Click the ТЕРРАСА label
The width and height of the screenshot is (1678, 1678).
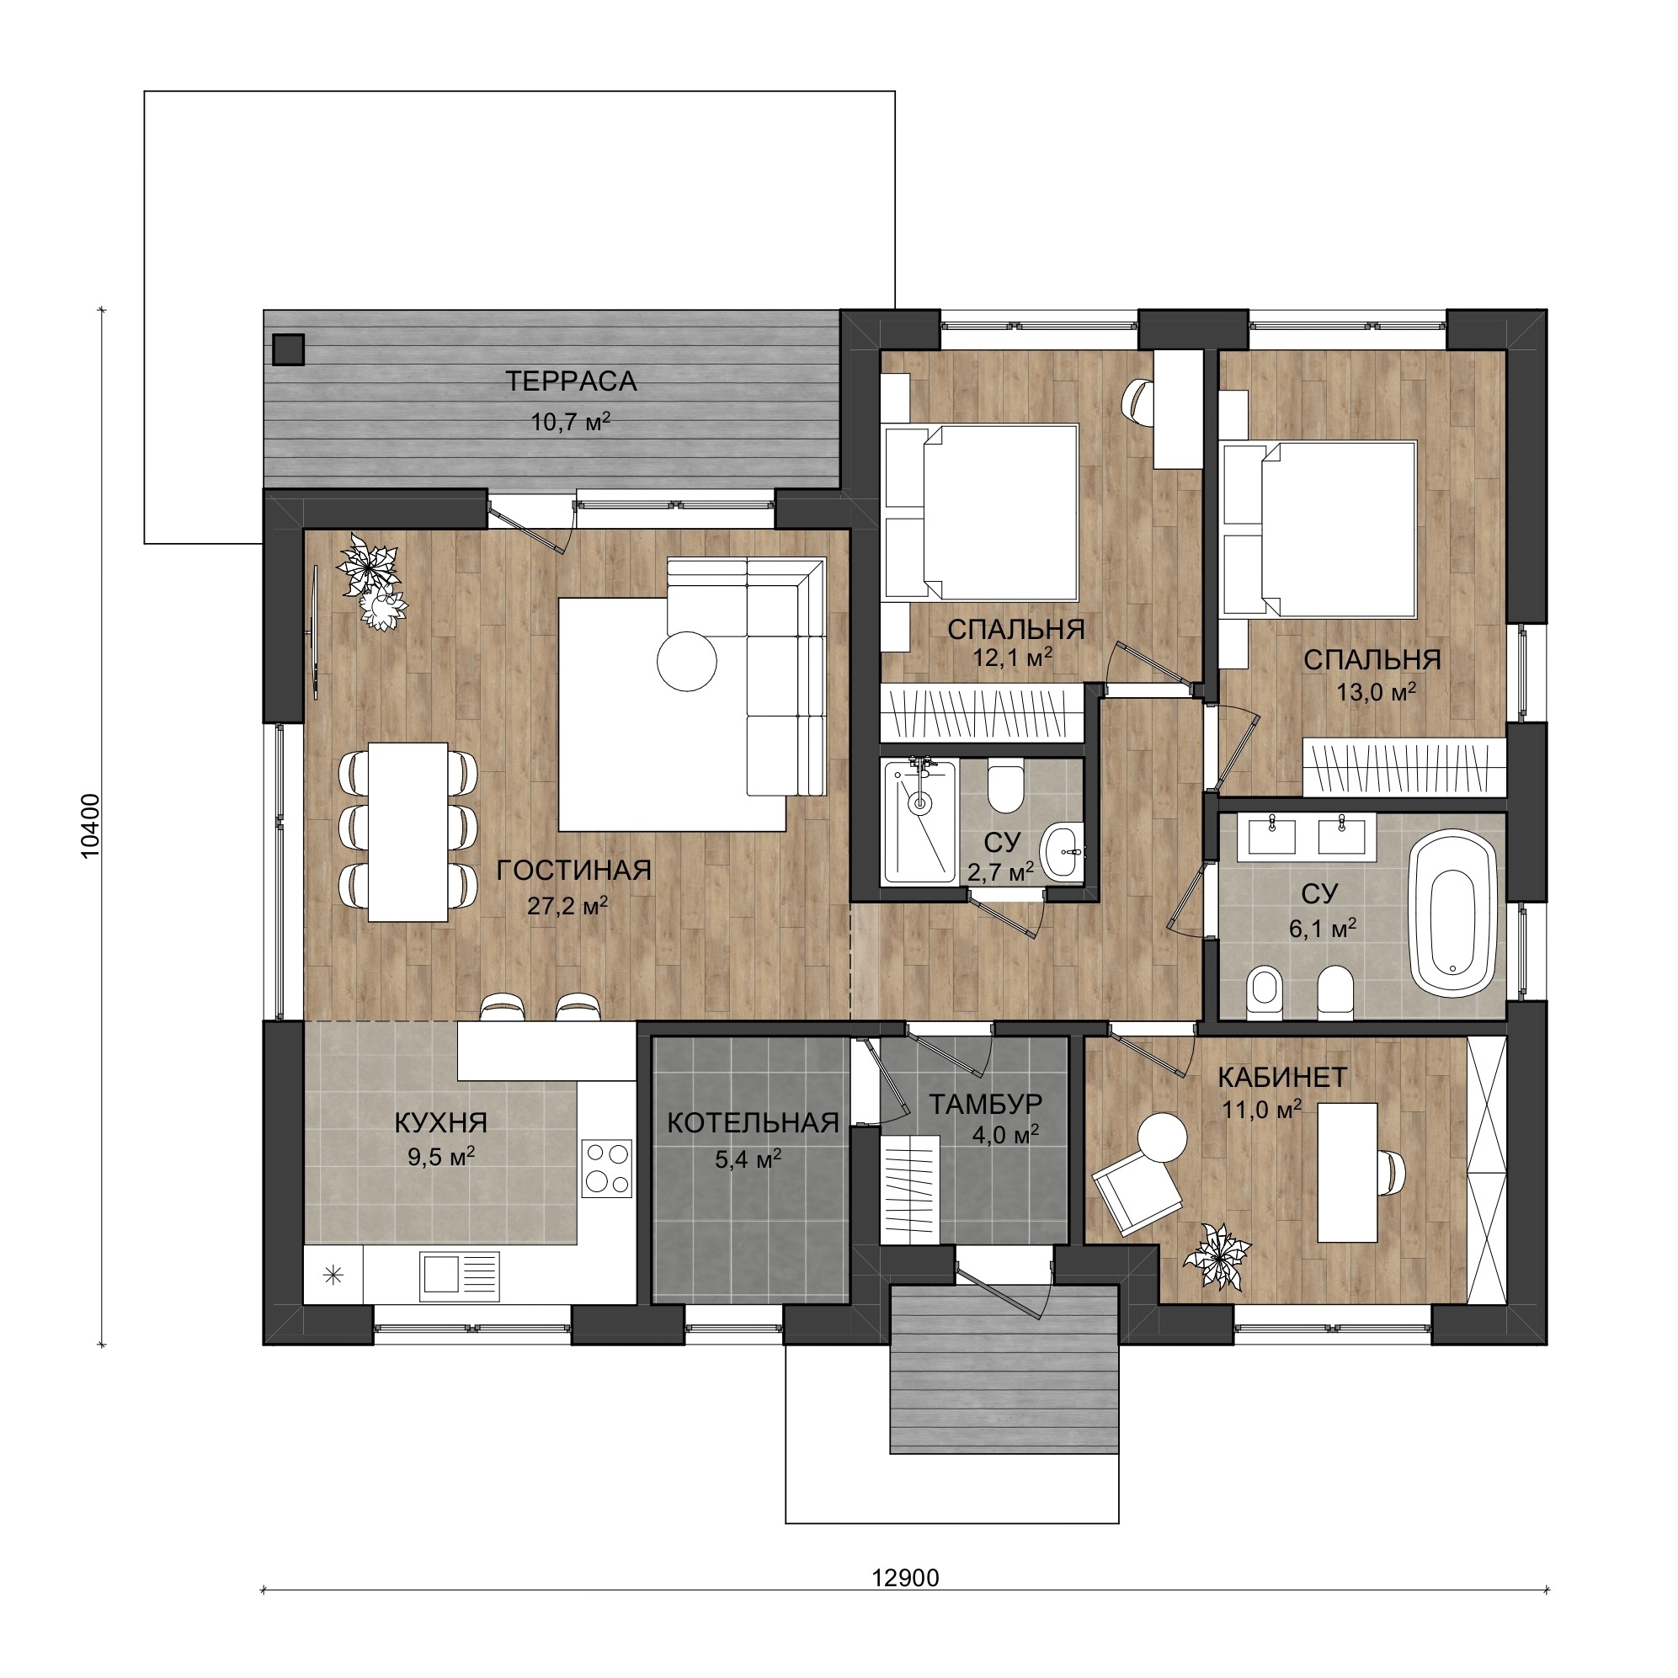[571, 381]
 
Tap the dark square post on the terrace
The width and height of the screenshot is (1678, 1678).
[287, 349]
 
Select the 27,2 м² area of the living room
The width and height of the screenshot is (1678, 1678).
[567, 906]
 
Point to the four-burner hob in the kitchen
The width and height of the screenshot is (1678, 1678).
[607, 1168]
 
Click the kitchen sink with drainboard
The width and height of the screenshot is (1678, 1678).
[460, 1276]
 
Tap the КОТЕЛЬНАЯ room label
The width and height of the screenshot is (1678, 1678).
[753, 1123]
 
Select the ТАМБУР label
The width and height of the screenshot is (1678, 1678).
[986, 1104]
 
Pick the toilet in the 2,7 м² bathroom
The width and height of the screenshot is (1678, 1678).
[1006, 787]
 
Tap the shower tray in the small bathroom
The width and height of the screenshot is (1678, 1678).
[918, 821]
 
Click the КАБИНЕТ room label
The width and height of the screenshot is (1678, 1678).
[1282, 1077]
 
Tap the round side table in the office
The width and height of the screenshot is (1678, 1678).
[1162, 1137]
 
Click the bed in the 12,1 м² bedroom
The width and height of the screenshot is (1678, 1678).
[981, 513]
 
